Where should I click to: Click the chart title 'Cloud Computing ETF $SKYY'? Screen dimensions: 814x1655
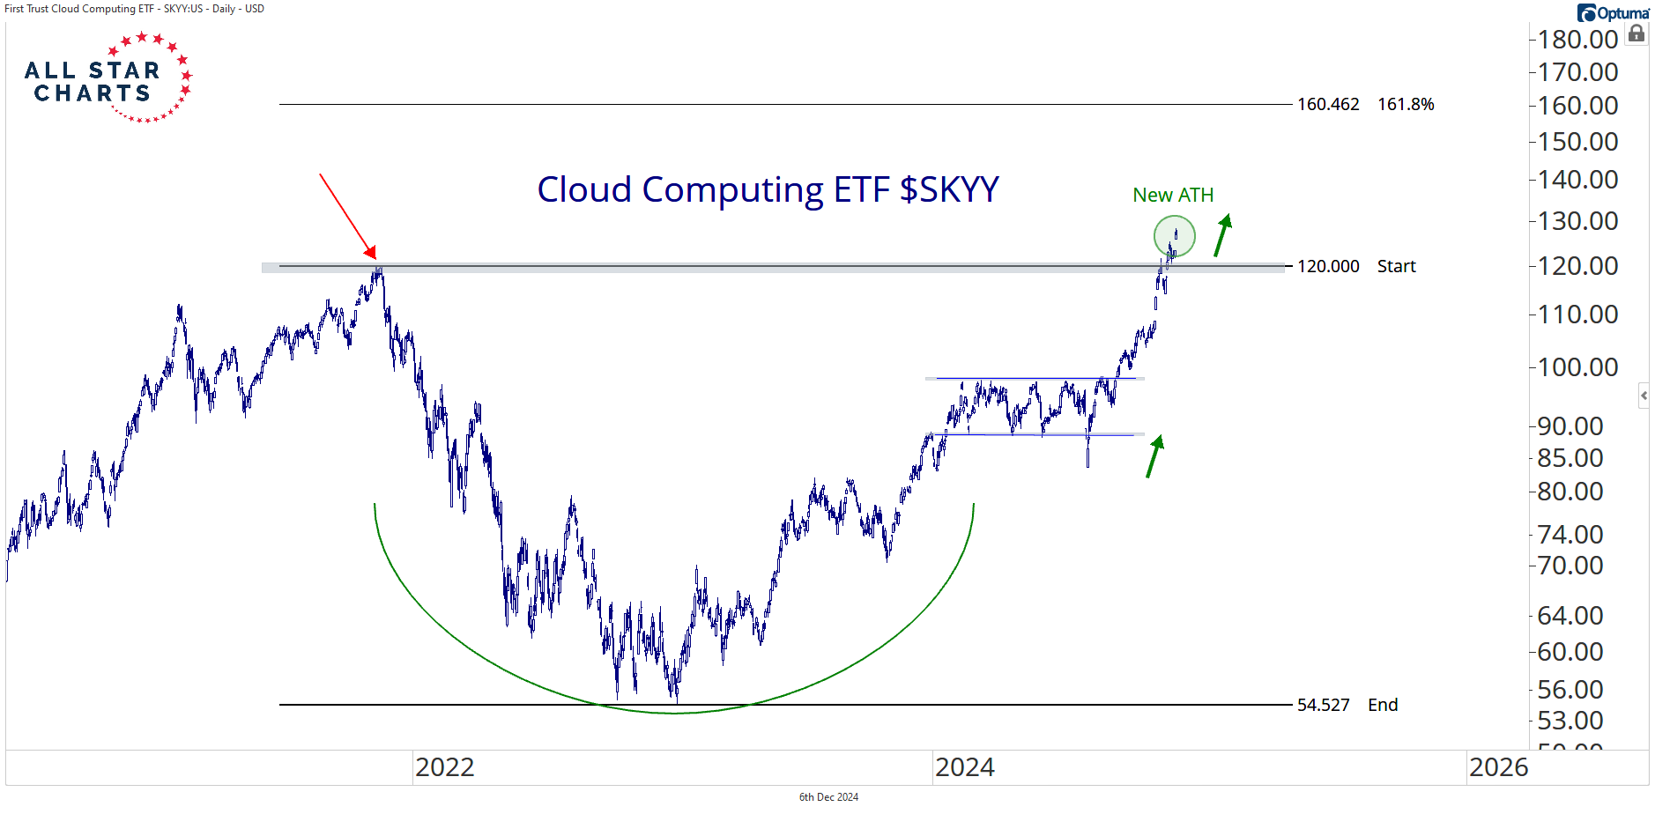768,189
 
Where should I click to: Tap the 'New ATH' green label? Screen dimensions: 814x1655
1173,195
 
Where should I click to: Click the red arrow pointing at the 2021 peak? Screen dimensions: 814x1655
347,215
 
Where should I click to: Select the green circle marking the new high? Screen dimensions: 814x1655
1174,236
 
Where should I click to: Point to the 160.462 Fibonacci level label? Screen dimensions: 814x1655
1328,104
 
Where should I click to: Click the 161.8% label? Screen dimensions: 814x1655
1406,104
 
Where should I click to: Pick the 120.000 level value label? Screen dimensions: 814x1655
1328,266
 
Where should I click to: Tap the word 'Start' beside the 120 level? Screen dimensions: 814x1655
1396,266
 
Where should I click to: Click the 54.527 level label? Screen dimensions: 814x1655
1323,705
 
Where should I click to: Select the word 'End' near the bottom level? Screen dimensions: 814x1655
1383,705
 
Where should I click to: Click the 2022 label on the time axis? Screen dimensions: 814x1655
444,767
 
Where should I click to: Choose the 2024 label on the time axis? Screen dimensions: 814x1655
964,767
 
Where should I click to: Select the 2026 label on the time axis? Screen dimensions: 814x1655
1498,767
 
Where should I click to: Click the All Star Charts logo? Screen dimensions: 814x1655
106,79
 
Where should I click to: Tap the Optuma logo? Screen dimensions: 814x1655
1613,13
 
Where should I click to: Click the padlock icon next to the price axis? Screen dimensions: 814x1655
1636,34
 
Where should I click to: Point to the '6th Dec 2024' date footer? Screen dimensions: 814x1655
828,797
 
